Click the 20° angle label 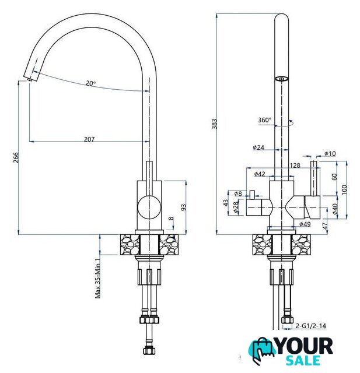click(90, 83)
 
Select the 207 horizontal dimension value click(89, 139)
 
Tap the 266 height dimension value click(16, 157)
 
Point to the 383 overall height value click(215, 124)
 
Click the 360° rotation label click(265, 120)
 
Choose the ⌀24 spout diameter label click(258, 147)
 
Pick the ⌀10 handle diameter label click(330, 153)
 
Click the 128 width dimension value click(295, 166)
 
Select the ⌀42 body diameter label click(260, 174)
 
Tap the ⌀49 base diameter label click(305, 224)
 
